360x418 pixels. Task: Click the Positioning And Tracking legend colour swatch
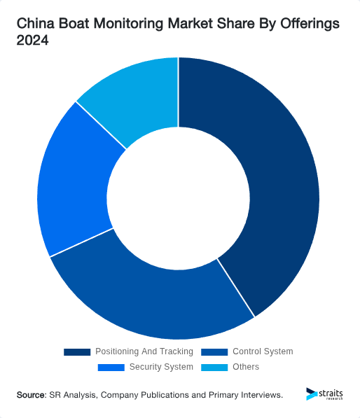(x=77, y=351)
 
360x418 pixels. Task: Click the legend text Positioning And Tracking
(x=144, y=351)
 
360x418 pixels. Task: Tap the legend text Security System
(x=160, y=367)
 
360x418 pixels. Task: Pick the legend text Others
(x=246, y=367)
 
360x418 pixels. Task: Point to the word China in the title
(x=34, y=24)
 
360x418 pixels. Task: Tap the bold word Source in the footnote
(x=31, y=395)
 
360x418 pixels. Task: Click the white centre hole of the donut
(x=179, y=197)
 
